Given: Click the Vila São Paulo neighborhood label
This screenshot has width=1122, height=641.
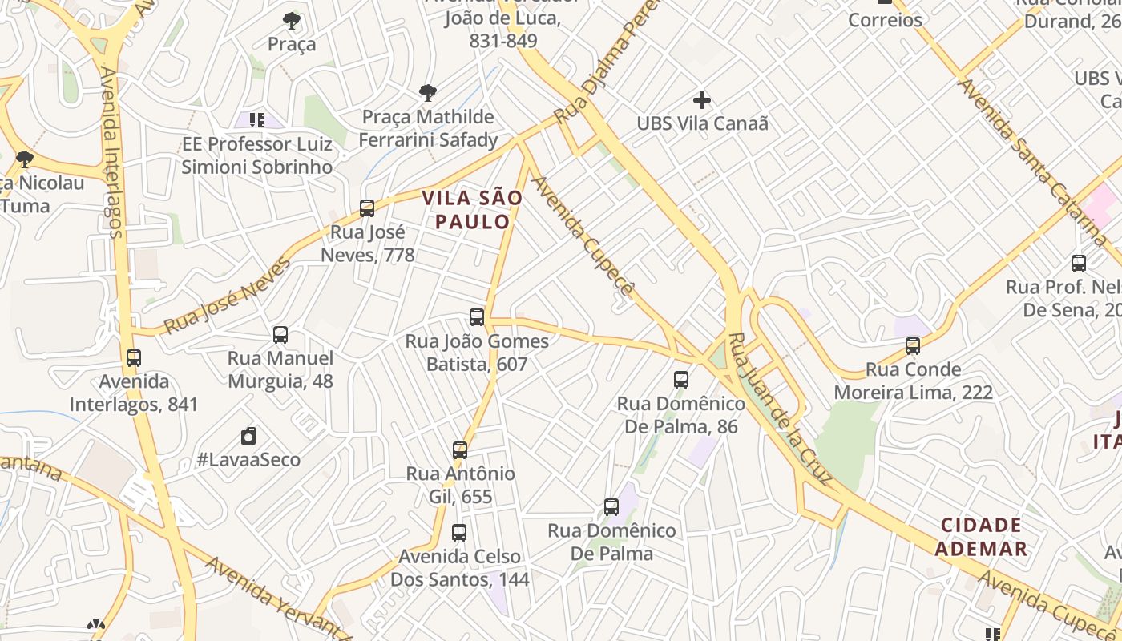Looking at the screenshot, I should click(x=472, y=209).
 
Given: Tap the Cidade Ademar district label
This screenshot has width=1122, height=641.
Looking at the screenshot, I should click(x=981, y=537).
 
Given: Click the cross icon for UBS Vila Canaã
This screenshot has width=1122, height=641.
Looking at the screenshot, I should click(x=702, y=100).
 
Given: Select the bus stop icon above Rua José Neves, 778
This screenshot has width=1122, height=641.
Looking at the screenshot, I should click(x=367, y=208).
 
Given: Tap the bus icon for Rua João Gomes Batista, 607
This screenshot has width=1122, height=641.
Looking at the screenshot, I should click(x=477, y=317).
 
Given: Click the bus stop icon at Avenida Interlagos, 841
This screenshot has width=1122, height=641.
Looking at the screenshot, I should click(x=134, y=358).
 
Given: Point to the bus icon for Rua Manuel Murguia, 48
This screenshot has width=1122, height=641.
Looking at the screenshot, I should click(x=280, y=335).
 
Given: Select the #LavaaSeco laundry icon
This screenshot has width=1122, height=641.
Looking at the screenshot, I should click(x=248, y=437).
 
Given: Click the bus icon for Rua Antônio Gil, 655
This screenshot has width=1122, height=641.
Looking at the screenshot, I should click(x=460, y=450).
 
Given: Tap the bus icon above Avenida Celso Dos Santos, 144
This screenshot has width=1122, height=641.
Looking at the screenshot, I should click(x=459, y=533).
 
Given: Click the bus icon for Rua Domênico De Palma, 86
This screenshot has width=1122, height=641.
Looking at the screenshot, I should click(x=681, y=380).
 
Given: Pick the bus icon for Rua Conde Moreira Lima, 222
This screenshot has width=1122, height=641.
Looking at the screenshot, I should click(x=913, y=346).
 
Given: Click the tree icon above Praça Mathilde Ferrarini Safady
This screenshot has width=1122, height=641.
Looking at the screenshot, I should click(x=428, y=93).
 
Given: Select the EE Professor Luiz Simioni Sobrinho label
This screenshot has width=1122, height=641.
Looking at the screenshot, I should click(x=256, y=155).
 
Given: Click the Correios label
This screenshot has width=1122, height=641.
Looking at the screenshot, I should click(x=885, y=20).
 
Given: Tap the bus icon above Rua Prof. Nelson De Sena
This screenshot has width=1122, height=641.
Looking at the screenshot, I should click(x=1079, y=263).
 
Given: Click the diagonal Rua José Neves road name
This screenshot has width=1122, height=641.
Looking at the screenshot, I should click(x=228, y=296).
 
